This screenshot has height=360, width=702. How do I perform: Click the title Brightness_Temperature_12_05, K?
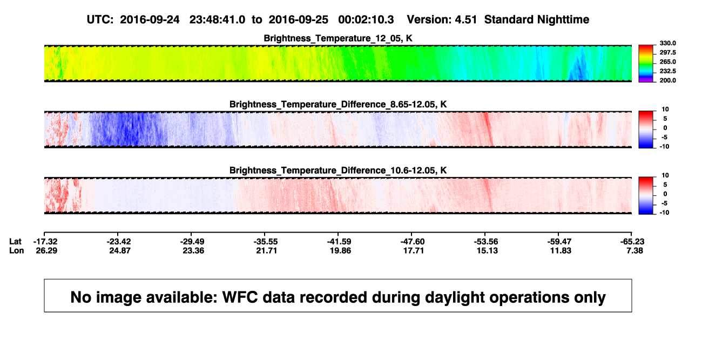pos(338,38)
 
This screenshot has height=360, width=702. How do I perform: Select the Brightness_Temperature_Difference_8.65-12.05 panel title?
pos(338,104)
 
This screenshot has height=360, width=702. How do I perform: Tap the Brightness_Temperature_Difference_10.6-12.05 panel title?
pos(338,171)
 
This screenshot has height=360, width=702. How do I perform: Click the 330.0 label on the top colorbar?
pos(667,43)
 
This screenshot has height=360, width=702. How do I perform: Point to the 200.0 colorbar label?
pos(667,80)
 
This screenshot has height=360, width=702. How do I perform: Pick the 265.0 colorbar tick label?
pos(667,62)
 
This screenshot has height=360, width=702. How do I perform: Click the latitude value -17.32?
pos(45,242)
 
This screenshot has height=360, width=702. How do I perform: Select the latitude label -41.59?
pos(339,242)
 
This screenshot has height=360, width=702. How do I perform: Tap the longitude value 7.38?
pos(634,250)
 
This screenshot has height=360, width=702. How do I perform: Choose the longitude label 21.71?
pos(267,250)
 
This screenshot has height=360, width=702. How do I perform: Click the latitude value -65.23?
pos(632,242)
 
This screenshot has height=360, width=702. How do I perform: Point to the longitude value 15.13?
pos(487,250)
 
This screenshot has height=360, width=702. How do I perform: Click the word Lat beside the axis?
pos(15,242)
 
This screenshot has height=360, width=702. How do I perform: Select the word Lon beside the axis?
pos(17,250)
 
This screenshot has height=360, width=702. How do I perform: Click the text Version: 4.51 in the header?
pos(442,19)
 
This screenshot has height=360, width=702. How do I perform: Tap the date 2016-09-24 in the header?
pos(150,19)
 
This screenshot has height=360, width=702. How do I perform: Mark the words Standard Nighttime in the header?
pos(537,20)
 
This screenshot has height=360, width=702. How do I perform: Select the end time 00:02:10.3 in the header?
pos(366,19)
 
